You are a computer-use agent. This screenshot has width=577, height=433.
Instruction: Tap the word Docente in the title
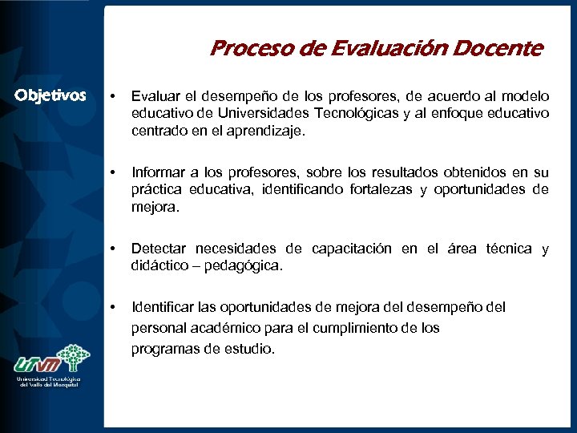(502, 49)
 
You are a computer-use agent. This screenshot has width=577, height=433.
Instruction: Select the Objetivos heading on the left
(50, 96)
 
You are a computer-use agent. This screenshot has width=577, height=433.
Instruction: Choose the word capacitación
(352, 249)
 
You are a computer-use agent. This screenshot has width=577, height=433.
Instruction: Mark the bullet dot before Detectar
(114, 249)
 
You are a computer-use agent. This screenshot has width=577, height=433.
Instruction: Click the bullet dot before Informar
(114, 172)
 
